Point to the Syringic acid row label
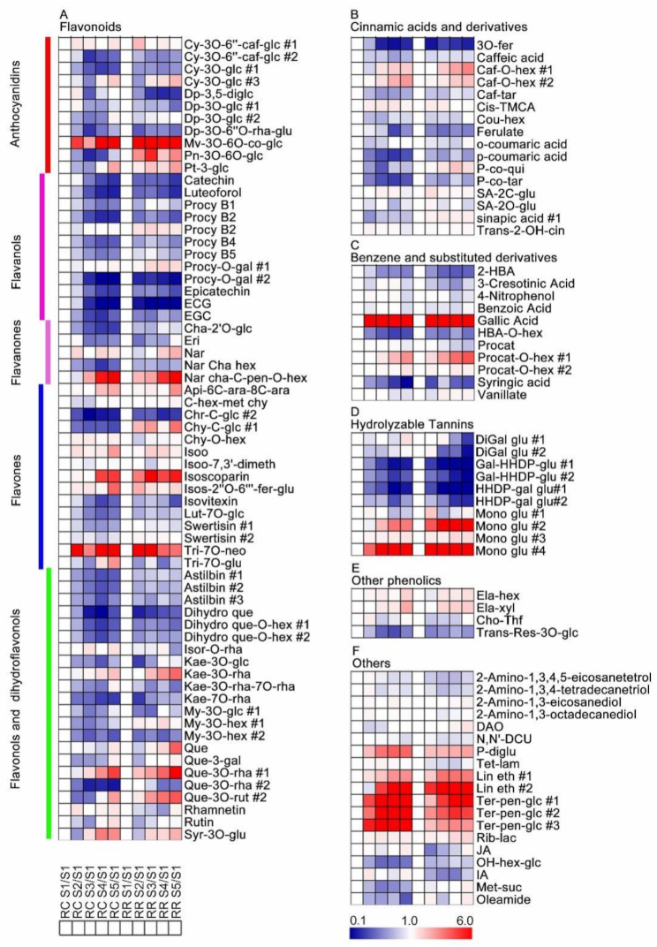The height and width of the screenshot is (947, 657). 509,382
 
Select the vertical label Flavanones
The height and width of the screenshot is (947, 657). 15,351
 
